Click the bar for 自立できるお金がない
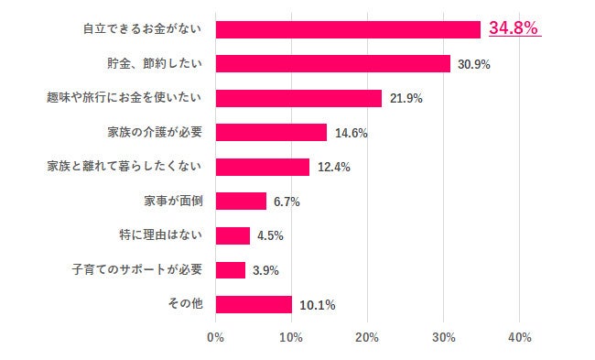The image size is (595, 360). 348,29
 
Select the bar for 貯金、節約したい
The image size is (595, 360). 333,63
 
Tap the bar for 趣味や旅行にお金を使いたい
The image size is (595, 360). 298,98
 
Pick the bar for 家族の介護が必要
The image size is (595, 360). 271,132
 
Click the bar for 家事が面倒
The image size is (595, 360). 241,201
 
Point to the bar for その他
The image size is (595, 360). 254,304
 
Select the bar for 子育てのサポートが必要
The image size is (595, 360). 231,269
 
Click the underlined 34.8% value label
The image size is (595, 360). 514,28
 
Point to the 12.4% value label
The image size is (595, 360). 332,168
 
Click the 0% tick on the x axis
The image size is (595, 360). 216,337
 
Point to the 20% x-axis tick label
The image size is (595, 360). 367,337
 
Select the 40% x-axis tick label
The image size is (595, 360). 519,337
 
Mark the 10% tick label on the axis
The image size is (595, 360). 291,337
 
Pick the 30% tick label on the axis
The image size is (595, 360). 443,337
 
